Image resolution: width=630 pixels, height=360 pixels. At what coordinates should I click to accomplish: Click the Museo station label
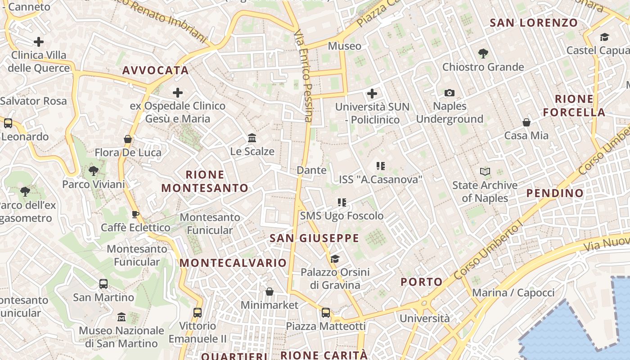(344, 46)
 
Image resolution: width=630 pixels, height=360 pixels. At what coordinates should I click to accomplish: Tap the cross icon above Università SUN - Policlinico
(372, 94)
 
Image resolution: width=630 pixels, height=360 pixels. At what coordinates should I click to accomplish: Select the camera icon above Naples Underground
(449, 93)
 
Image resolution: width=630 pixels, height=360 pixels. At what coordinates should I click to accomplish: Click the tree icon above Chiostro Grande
(483, 54)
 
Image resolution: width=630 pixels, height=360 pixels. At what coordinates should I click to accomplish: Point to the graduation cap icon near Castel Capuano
(604, 37)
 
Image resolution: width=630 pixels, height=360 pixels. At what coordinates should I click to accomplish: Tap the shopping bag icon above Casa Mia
(526, 122)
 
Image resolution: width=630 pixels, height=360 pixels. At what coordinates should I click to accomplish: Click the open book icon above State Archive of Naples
(485, 171)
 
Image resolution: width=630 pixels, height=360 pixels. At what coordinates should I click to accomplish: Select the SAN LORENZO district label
(534, 22)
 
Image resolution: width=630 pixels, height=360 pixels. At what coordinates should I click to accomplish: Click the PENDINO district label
(555, 193)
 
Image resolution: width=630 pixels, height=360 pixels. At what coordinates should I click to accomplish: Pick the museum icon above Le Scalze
(252, 137)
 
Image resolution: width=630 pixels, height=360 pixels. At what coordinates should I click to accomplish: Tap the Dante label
(311, 170)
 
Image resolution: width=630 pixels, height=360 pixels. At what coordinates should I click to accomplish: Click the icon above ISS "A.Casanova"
(381, 166)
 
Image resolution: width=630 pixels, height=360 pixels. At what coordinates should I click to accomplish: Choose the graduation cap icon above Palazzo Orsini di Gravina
(335, 259)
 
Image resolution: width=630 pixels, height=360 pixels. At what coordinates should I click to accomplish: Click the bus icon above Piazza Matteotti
(326, 312)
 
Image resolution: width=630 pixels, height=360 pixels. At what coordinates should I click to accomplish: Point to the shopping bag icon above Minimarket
(269, 292)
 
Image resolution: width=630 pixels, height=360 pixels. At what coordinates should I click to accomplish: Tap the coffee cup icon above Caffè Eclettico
(135, 214)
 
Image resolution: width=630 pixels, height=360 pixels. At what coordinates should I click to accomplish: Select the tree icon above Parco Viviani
(94, 171)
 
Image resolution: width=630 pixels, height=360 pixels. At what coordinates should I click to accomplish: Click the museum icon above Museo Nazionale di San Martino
(121, 317)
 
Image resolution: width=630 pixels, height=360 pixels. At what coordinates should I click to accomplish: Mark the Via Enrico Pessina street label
(302, 76)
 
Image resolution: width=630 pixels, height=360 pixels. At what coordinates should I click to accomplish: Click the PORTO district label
(422, 282)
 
